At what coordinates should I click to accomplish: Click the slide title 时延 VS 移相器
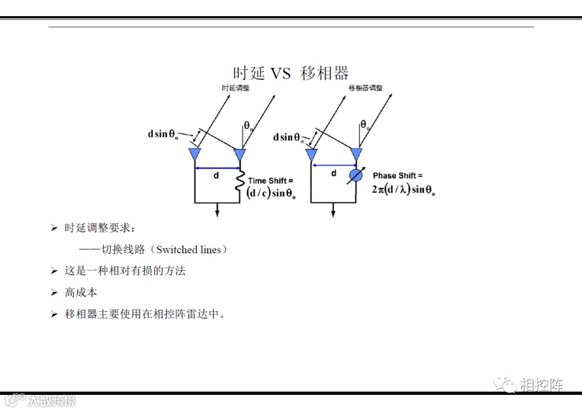click(x=291, y=73)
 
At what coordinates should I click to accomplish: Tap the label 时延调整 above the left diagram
click(x=235, y=88)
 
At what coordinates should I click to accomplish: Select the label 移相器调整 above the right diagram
click(x=365, y=88)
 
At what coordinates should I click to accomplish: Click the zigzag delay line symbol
click(x=240, y=182)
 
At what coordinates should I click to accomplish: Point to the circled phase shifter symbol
click(x=355, y=176)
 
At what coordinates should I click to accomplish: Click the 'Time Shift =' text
click(x=271, y=181)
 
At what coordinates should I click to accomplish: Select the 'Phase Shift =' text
click(x=398, y=176)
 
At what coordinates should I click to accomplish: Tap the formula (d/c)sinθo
click(x=271, y=194)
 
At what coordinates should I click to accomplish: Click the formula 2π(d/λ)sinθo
click(x=403, y=190)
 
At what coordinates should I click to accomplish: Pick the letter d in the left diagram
click(x=217, y=176)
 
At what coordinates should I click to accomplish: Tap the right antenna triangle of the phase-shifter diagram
click(x=356, y=155)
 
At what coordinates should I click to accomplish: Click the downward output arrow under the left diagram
click(x=217, y=210)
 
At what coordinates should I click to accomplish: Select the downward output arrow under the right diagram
click(x=334, y=210)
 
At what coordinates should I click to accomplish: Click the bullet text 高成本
click(x=81, y=292)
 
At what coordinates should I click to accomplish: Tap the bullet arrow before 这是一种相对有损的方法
click(x=54, y=271)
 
